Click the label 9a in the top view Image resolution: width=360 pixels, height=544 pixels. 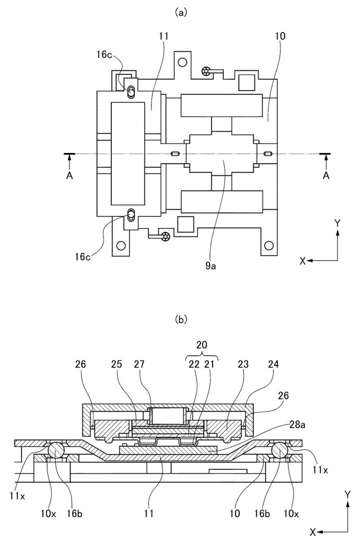click(211, 266)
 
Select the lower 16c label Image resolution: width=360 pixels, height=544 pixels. click(83, 257)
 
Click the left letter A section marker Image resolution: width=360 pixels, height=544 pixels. click(70, 176)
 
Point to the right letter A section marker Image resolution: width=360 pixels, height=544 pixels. click(325, 176)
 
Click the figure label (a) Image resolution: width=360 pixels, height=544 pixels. click(181, 13)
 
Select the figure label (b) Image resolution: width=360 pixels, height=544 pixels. click(181, 319)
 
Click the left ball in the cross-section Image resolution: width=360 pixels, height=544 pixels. click(56, 451)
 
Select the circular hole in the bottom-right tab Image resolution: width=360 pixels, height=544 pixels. click(269, 246)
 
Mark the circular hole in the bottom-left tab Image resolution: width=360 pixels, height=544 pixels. click(121, 246)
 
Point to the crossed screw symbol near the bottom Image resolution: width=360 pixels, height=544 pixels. click(165, 236)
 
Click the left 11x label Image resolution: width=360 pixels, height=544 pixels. click(18, 496)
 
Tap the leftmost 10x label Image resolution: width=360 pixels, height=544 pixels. click(49, 513)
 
